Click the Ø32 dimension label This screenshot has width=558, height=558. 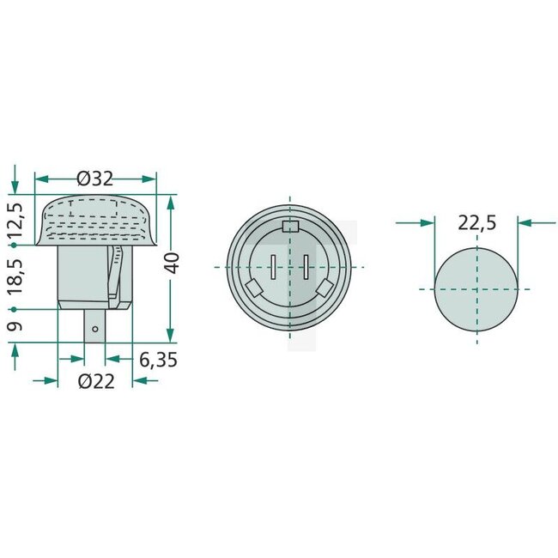pyautogui.click(x=94, y=179)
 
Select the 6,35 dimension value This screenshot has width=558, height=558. pyautogui.click(x=158, y=361)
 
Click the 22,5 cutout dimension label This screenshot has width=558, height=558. pyautogui.click(x=476, y=223)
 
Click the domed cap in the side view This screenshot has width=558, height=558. pyautogui.click(x=95, y=219)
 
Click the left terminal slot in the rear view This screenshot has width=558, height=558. pyautogui.click(x=272, y=267)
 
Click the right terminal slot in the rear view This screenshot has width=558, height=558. pyautogui.click(x=306, y=267)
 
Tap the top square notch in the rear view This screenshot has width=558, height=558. pyautogui.click(x=289, y=227)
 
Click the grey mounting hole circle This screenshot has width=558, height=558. pyautogui.click(x=477, y=288)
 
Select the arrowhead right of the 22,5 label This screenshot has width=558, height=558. pyautogui.click(x=526, y=222)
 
